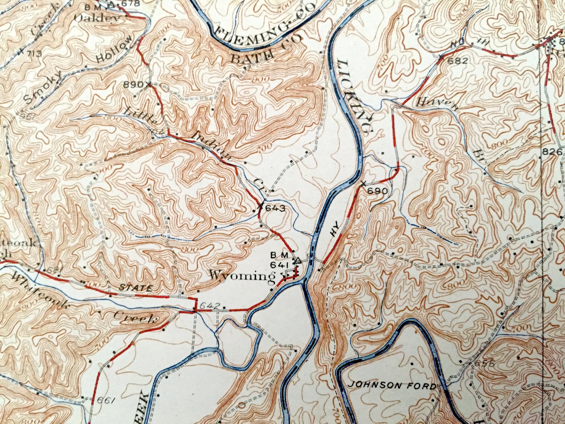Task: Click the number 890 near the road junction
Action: click(134, 85)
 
